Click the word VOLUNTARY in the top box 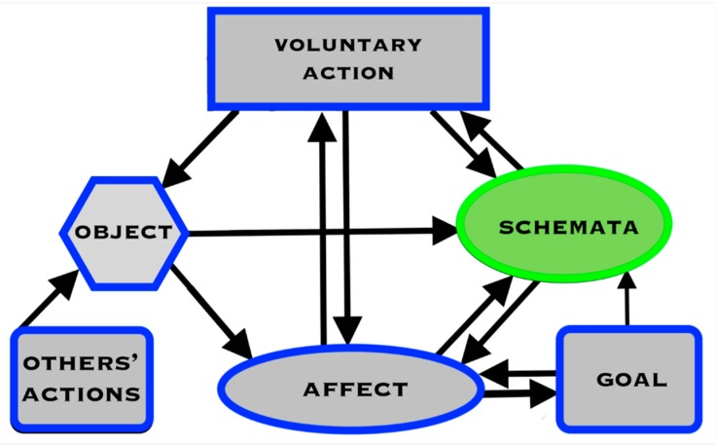tap(347, 45)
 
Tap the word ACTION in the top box tap(347, 73)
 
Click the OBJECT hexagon tap(123, 233)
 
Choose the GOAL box tap(627, 379)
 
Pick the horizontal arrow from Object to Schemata tap(321, 232)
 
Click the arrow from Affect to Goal tap(520, 395)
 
